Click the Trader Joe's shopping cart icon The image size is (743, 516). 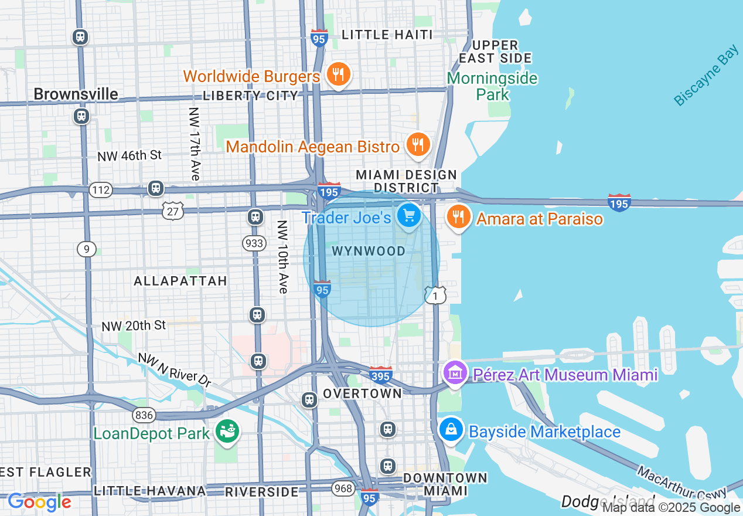pos(409,215)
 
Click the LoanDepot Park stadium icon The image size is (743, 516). pos(227,432)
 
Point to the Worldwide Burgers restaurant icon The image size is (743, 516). pos(338,74)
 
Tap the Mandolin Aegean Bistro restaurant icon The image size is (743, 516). pos(418,144)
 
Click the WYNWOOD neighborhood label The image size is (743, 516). pos(369,252)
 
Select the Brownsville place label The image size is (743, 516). pos(76,94)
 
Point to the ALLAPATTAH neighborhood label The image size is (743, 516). pos(180,281)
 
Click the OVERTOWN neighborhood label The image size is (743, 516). pos(363,393)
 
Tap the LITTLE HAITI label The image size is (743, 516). pos(387,35)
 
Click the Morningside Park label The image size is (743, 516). pos(493,86)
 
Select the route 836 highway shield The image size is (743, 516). pos(144,415)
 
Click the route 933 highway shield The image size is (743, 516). pos(254,243)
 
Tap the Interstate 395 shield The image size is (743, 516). pos(381,374)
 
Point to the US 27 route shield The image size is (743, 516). pos(173,211)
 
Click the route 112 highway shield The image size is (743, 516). pos(101,189)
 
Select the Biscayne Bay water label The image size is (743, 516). pos(706,76)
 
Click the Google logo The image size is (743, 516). pos(39,503)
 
